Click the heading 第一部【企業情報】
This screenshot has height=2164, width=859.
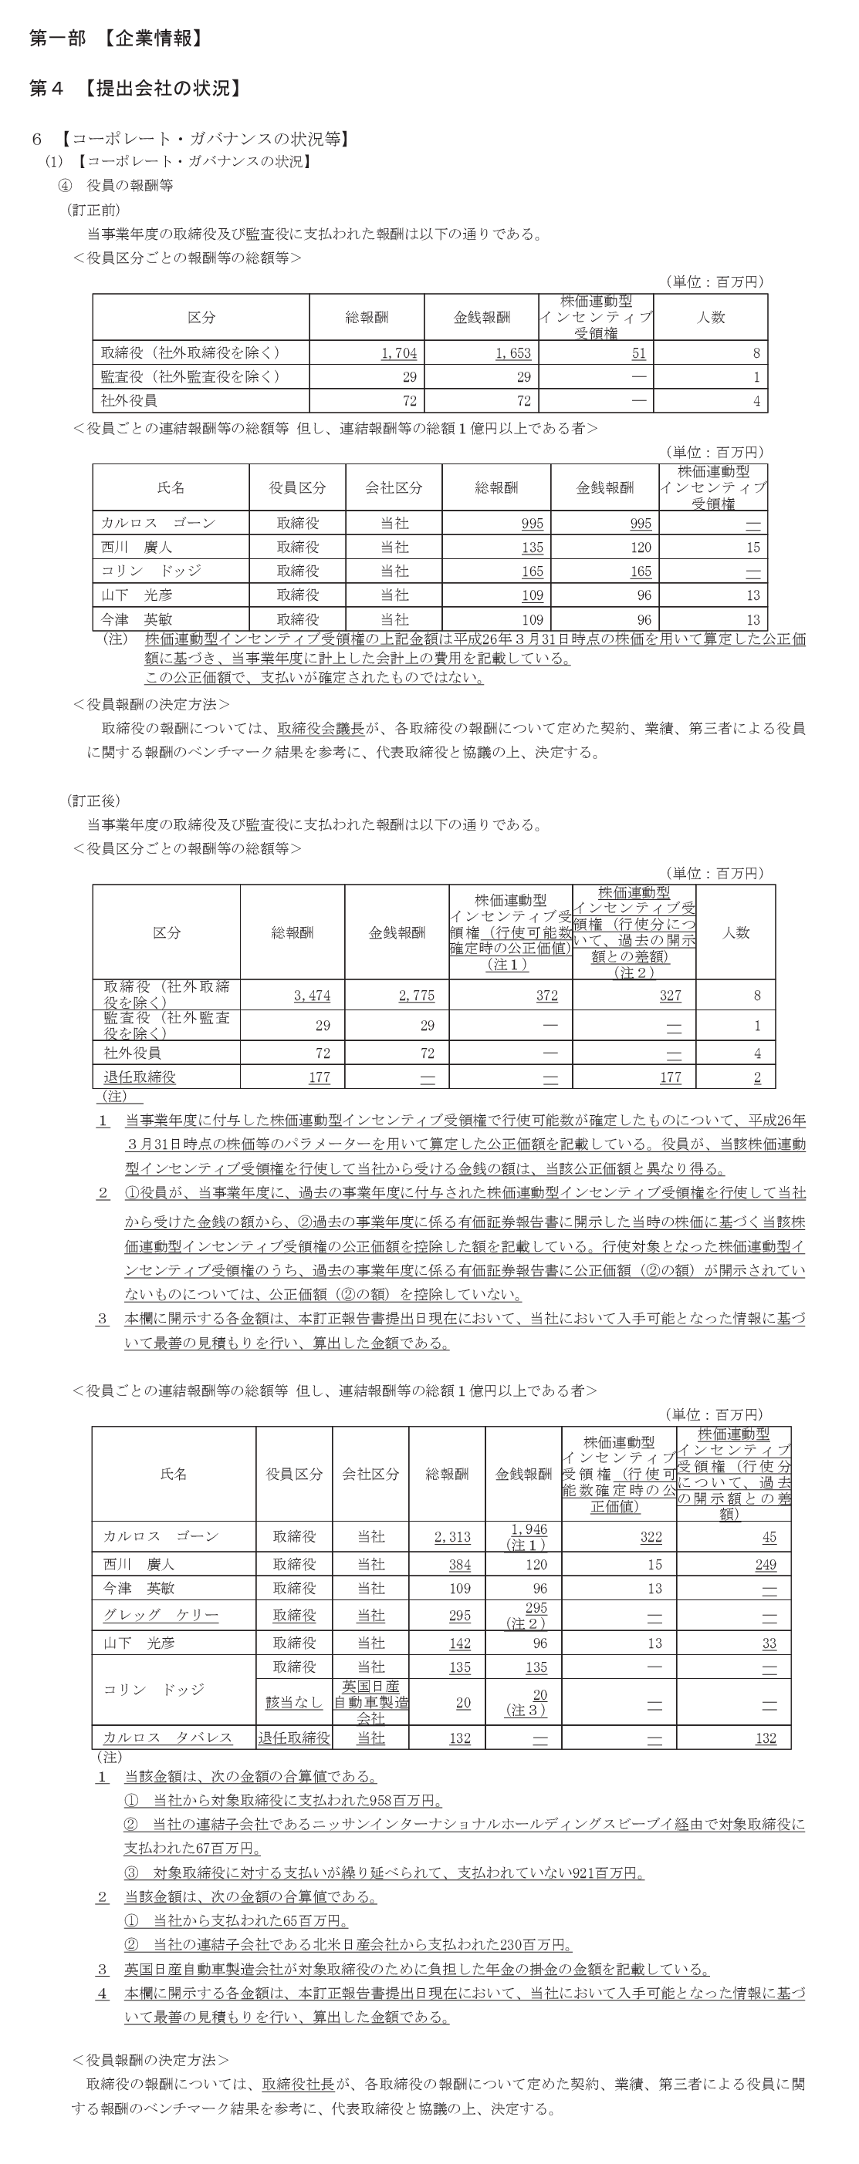pyautogui.click(x=116, y=39)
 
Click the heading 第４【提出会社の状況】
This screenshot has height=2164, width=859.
pyautogui.click(x=136, y=88)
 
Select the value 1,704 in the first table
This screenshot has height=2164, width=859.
pyautogui.click(x=398, y=354)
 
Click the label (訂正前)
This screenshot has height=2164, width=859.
pyautogui.click(x=93, y=210)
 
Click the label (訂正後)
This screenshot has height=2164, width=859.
pyautogui.click(x=93, y=801)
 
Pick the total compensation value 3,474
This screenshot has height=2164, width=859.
pyautogui.click(x=312, y=996)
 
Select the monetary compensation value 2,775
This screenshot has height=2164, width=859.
pyautogui.click(x=416, y=996)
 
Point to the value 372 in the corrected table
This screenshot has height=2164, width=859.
pyautogui.click(x=546, y=996)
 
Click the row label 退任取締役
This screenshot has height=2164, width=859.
pyautogui.click(x=140, y=1077)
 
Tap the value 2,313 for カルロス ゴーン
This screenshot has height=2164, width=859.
pyautogui.click(x=452, y=1536)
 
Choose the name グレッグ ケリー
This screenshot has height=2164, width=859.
pyautogui.click(x=161, y=1616)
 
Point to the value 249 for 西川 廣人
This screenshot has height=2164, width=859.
pyautogui.click(x=766, y=1564)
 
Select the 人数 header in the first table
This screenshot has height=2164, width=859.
pyautogui.click(x=710, y=318)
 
